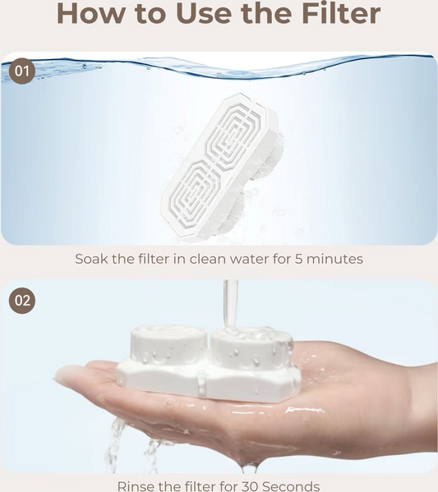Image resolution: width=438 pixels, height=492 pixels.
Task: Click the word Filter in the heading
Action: (341, 13)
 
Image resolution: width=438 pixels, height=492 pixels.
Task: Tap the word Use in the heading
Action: (204, 13)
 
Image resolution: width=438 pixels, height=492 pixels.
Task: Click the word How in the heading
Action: (90, 13)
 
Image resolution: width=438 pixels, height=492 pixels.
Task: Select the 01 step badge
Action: (22, 71)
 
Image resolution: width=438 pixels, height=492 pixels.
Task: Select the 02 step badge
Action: (22, 301)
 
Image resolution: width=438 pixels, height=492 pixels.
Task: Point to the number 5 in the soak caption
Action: (298, 260)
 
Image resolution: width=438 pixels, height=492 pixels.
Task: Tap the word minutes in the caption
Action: (334, 260)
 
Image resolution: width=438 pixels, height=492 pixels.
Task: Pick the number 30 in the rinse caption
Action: (250, 486)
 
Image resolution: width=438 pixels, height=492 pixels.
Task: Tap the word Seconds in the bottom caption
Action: (291, 486)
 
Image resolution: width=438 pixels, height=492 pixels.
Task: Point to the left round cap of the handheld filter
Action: (168, 344)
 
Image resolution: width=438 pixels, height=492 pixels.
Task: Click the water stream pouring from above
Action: (230, 306)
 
